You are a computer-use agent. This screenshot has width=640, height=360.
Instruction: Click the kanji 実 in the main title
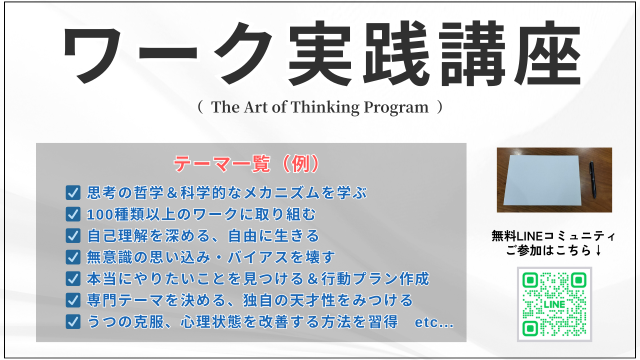click(x=319, y=53)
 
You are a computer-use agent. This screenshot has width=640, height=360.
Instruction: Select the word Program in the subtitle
click(x=396, y=107)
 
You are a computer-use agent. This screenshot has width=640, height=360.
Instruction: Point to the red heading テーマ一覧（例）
click(x=246, y=164)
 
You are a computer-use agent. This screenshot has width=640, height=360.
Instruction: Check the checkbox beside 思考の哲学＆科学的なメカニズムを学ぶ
click(x=73, y=193)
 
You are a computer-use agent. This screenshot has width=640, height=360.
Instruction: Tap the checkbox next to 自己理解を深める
click(x=73, y=235)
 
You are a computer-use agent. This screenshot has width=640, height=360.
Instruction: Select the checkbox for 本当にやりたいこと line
click(x=73, y=278)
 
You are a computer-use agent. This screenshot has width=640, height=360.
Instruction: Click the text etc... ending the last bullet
click(x=434, y=322)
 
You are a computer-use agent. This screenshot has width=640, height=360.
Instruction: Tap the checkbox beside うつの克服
click(x=73, y=321)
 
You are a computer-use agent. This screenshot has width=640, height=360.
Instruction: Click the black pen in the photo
click(x=592, y=179)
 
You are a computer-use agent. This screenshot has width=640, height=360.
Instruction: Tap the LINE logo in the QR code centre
click(x=554, y=304)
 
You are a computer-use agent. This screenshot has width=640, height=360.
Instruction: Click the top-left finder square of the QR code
click(x=530, y=280)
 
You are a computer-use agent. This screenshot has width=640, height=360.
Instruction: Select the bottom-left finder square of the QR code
click(x=530, y=328)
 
